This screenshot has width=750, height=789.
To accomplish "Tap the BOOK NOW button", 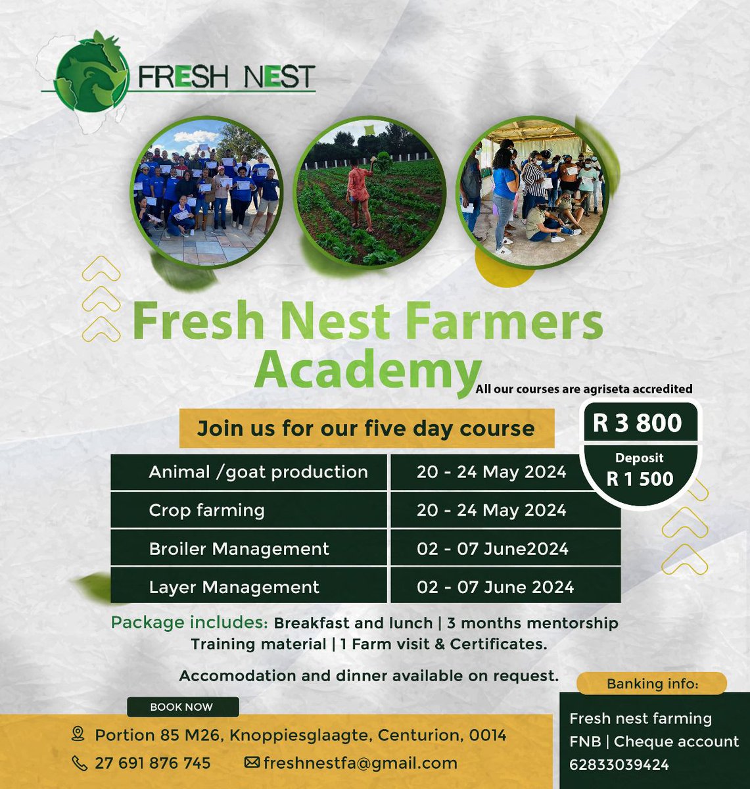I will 182,707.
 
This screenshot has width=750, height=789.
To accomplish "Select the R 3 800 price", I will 637,422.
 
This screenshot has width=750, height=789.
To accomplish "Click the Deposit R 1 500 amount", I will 640,470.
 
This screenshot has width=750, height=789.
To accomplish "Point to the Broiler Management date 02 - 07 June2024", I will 492,549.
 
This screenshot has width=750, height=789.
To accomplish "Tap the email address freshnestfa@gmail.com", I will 360,763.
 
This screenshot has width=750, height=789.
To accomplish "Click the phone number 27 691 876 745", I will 152,763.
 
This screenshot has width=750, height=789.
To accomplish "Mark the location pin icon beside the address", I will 79,734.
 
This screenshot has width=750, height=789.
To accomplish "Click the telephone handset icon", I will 79,763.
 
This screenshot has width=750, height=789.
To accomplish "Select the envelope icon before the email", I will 251,763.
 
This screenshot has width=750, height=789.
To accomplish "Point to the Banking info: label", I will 652,684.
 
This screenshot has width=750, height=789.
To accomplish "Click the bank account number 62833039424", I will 619,765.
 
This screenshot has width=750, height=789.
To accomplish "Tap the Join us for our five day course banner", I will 366,429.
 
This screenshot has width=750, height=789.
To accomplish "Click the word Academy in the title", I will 367,371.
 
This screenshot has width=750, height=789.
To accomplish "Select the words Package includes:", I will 189,622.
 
